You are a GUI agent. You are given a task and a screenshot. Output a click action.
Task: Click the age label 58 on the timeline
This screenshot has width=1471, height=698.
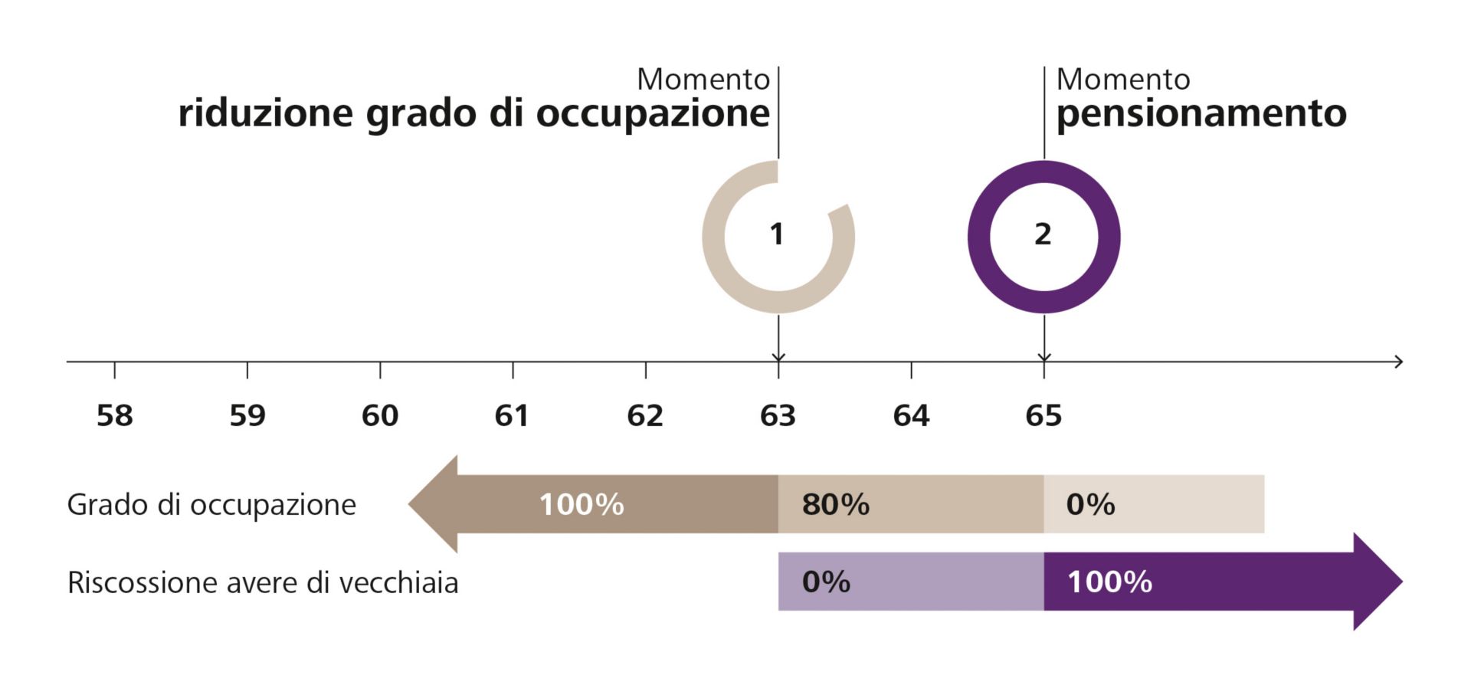[x=115, y=415]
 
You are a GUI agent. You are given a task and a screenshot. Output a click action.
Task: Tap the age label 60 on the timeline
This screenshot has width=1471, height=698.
[x=380, y=415]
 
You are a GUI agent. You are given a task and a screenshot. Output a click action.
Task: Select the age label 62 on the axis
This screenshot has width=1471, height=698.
[x=645, y=415]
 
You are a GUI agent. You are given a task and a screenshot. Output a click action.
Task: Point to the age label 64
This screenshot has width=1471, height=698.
[x=911, y=415]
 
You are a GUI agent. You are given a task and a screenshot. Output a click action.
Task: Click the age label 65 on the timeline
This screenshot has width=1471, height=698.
[x=1043, y=415]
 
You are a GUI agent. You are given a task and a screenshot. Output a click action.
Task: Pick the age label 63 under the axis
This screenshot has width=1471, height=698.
[x=778, y=415]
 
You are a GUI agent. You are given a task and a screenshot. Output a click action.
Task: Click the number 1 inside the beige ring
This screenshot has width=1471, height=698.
[x=777, y=234]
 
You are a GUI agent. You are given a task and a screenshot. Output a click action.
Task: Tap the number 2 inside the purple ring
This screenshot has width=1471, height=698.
[x=1043, y=234]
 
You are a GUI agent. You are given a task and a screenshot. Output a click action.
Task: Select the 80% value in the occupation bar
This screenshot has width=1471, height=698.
[x=835, y=504]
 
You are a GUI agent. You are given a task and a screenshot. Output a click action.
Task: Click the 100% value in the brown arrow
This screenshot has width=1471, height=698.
[x=582, y=504]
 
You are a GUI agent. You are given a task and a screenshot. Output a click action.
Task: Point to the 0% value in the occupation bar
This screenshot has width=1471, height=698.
[x=1090, y=504]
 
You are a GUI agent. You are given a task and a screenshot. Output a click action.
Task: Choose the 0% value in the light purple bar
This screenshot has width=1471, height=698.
[x=826, y=582]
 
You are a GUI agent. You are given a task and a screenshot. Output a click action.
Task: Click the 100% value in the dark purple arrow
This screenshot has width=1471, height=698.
[x=1109, y=582]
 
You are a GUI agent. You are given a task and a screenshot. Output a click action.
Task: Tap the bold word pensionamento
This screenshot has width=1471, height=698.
[x=1201, y=113]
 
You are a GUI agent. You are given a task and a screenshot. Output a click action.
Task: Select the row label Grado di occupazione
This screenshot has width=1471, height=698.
[x=211, y=505]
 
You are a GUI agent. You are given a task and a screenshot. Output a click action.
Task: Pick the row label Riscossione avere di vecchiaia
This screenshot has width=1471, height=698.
[x=263, y=583]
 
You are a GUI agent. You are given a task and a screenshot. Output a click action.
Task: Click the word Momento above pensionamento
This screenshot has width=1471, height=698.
[x=1123, y=80]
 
